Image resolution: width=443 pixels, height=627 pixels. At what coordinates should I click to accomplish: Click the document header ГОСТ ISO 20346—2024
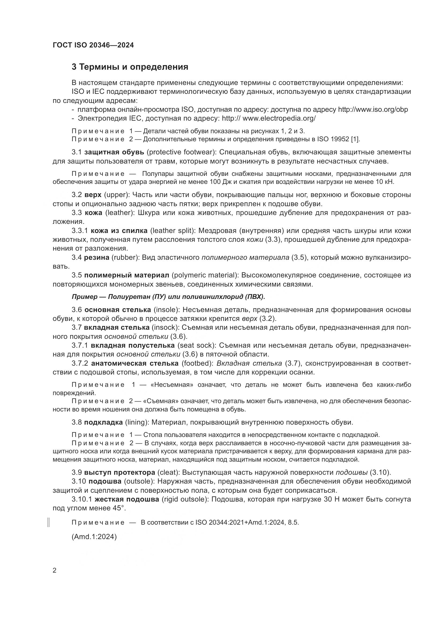93,45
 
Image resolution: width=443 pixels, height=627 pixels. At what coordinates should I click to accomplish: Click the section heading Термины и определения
130,67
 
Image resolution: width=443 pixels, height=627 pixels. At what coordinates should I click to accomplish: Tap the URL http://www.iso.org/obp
373,110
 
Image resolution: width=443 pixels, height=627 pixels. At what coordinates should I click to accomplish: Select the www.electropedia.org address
279,118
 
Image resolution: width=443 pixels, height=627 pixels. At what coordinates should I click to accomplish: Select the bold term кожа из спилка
119,231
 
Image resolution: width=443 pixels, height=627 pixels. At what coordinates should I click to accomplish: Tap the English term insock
165,327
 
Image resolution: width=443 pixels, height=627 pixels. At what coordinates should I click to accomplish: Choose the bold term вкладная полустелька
133,346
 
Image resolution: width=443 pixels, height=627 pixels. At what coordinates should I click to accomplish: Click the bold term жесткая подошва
127,499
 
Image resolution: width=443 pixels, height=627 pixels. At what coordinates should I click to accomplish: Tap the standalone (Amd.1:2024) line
94,537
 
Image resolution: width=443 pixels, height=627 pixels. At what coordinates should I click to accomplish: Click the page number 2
55,570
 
